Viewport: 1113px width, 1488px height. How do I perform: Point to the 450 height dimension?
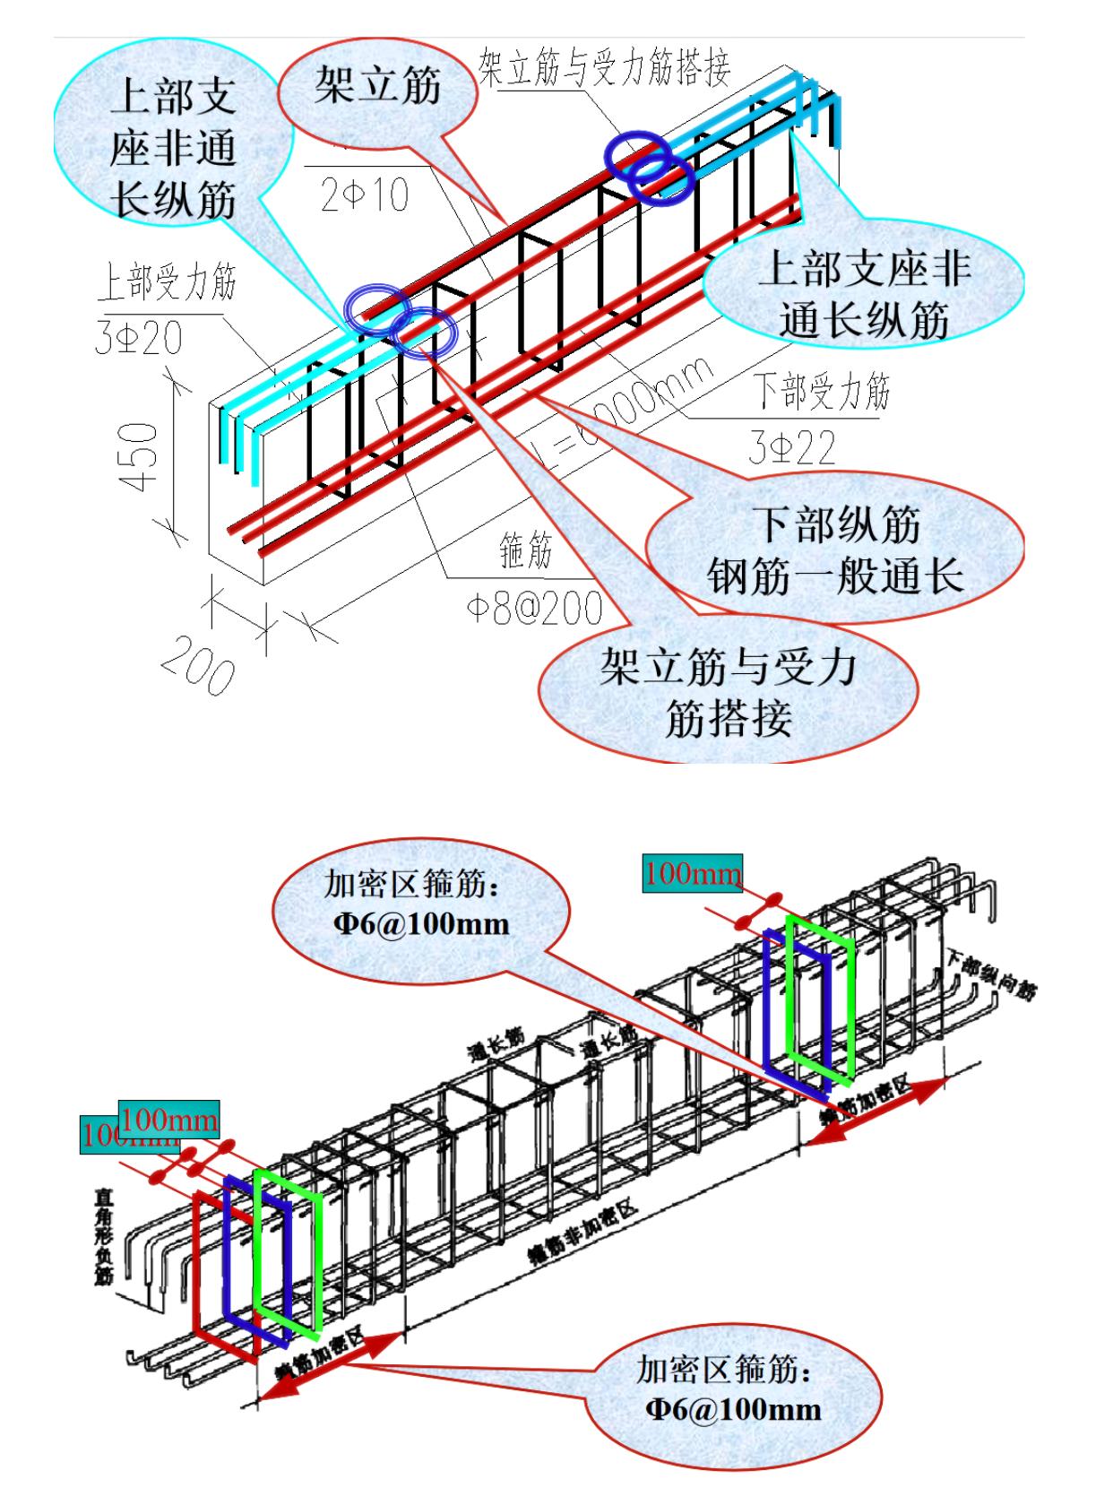[142, 457]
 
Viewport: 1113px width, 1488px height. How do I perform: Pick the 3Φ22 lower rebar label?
[792, 446]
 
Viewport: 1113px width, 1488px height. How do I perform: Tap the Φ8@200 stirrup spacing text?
[532, 610]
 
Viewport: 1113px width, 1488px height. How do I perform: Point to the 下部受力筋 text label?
[820, 392]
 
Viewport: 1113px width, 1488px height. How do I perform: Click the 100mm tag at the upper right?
[693, 872]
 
